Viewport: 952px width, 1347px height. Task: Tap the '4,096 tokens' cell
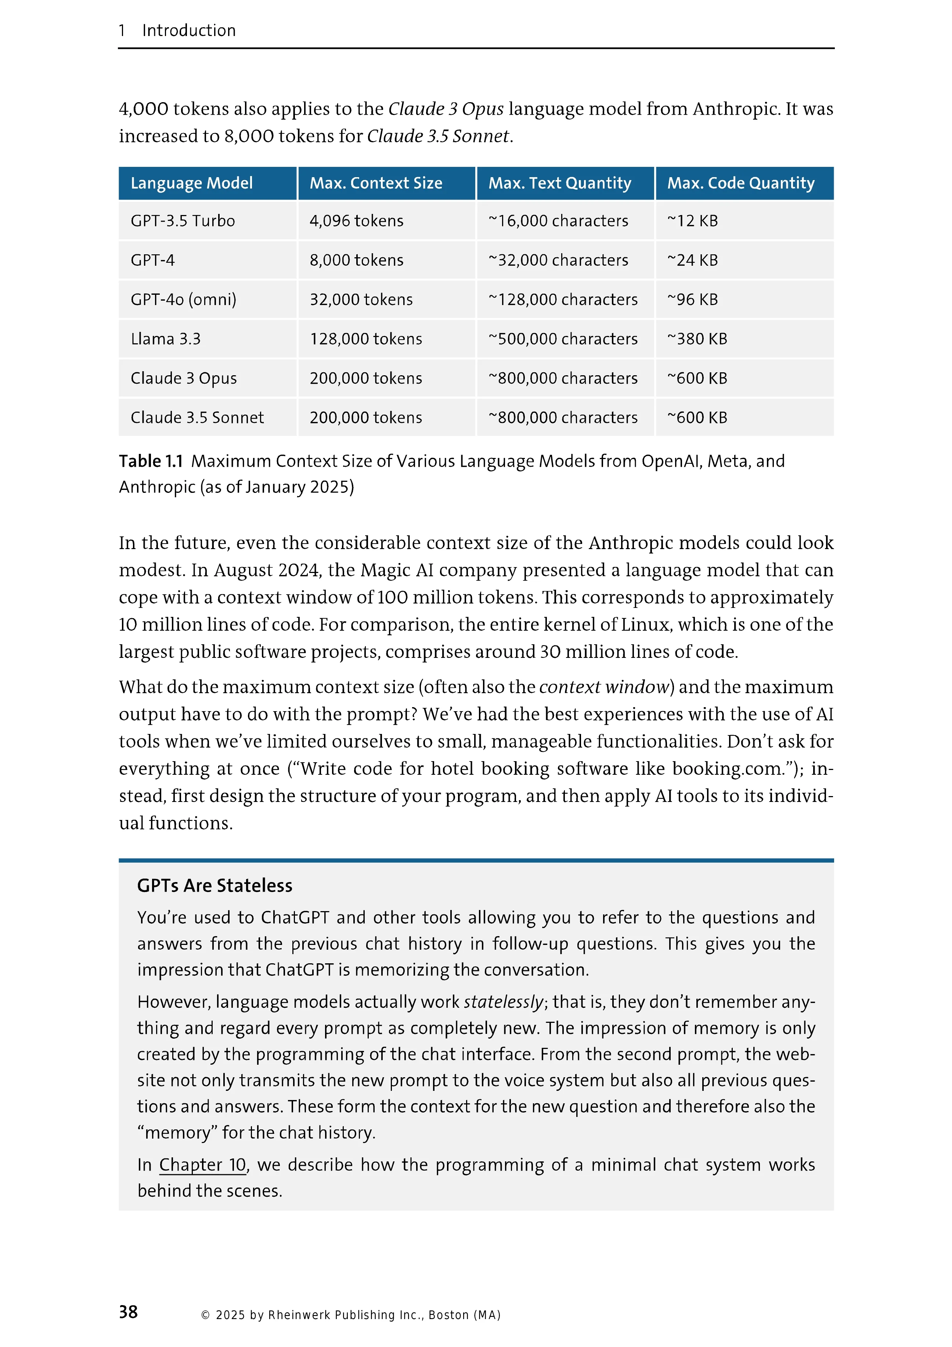356,221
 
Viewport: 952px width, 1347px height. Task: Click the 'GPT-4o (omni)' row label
184,300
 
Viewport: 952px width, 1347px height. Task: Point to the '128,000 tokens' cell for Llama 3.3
366,339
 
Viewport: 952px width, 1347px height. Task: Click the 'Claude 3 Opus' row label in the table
184,379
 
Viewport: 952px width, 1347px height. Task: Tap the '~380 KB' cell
697,339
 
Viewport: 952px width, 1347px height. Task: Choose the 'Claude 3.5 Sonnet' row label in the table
197,418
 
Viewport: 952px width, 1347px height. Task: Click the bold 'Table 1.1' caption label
151,462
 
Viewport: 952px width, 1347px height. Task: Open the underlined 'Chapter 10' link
203,1165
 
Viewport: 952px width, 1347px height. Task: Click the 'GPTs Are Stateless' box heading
214,885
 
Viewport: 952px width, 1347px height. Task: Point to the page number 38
129,1312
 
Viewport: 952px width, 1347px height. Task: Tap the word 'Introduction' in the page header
189,31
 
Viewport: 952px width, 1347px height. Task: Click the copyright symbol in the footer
205,1315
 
